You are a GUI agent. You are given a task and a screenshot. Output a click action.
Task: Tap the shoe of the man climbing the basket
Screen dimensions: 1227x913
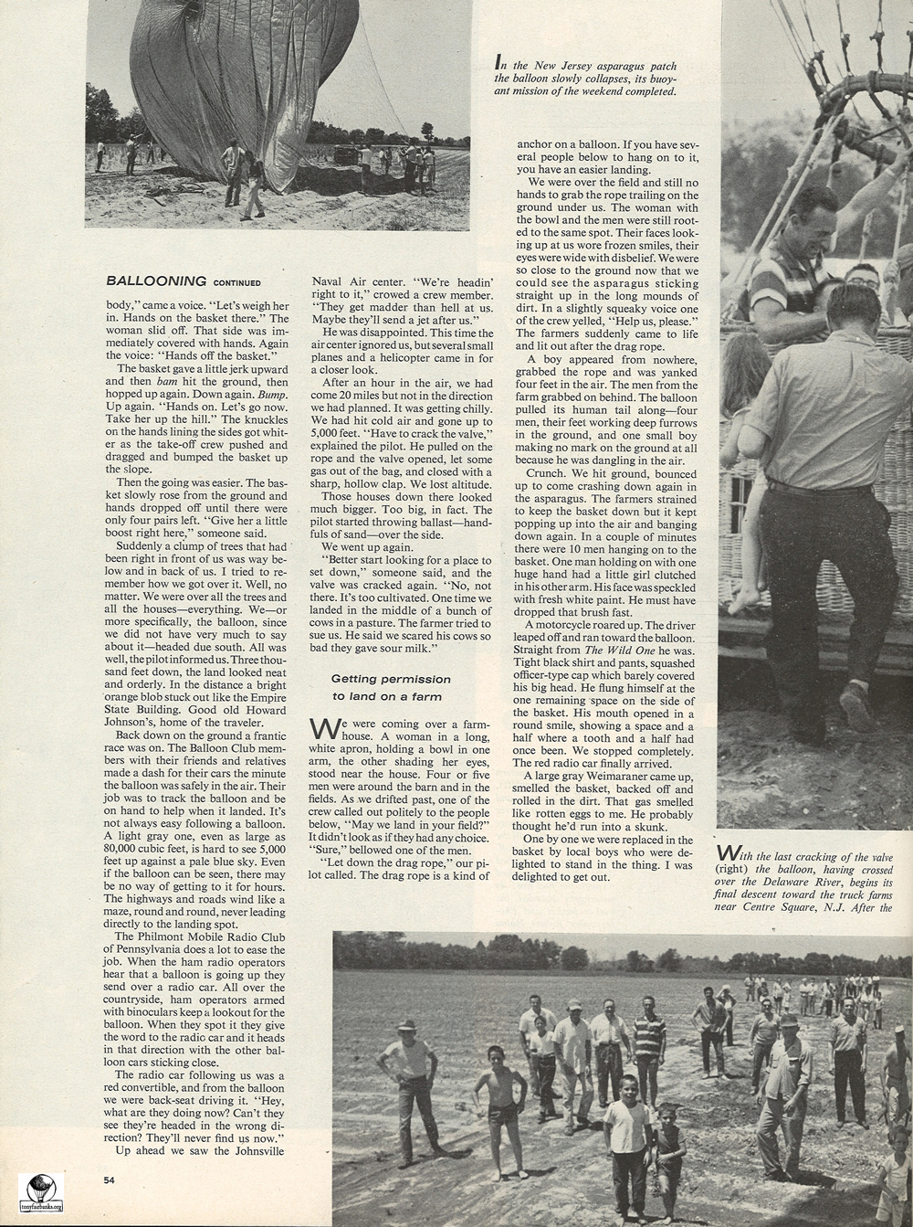point(856,707)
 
